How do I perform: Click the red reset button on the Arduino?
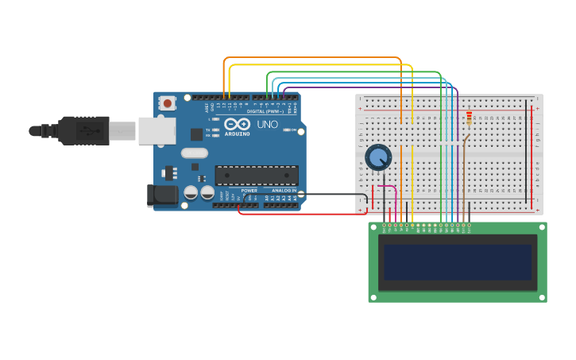point(167,103)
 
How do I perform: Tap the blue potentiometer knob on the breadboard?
point(378,157)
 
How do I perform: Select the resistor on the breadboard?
point(469,118)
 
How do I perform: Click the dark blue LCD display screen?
point(458,261)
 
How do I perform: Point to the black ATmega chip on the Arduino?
point(257,175)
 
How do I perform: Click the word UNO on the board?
point(268,125)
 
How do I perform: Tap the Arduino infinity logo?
point(237,124)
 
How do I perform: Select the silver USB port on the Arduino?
point(157,130)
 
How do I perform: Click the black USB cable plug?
point(83,130)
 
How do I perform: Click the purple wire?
point(373,87)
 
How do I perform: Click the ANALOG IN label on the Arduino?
point(284,191)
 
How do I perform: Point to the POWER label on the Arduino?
point(249,191)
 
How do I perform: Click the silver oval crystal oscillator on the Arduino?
point(194,153)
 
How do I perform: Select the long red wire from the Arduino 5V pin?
point(302,214)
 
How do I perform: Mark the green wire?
point(358,72)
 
